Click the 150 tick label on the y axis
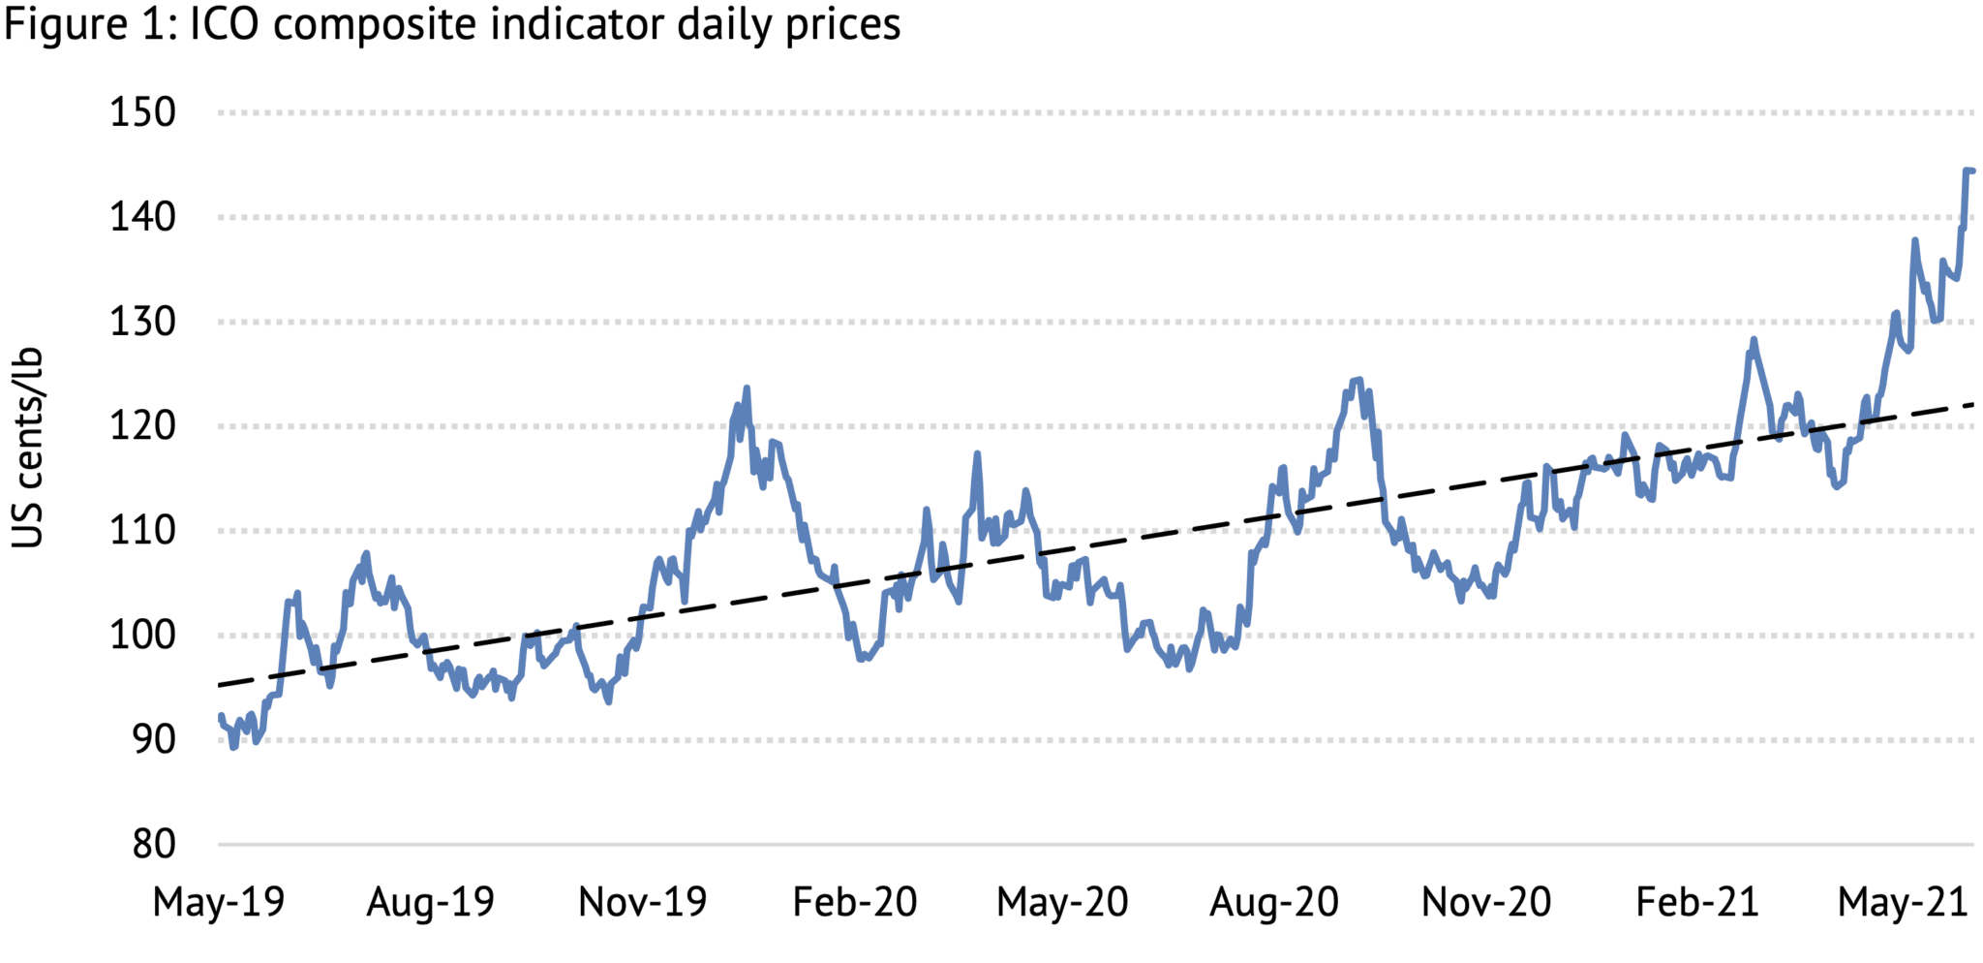(x=142, y=113)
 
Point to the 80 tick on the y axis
(x=153, y=845)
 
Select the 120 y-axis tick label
(x=142, y=426)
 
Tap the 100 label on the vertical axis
(x=142, y=636)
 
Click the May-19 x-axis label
(x=219, y=902)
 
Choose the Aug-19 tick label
(x=430, y=902)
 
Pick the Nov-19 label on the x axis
(x=642, y=902)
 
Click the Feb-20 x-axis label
(x=854, y=902)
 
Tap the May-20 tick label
(x=1062, y=902)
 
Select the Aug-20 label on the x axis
(x=1274, y=902)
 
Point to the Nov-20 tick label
(x=1485, y=902)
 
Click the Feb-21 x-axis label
(x=1696, y=902)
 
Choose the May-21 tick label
(x=1903, y=902)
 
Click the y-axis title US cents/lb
(x=27, y=448)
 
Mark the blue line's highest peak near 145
(x=1968, y=171)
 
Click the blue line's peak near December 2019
(x=747, y=388)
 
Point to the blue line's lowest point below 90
(x=233, y=747)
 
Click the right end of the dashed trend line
(x=1972, y=404)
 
